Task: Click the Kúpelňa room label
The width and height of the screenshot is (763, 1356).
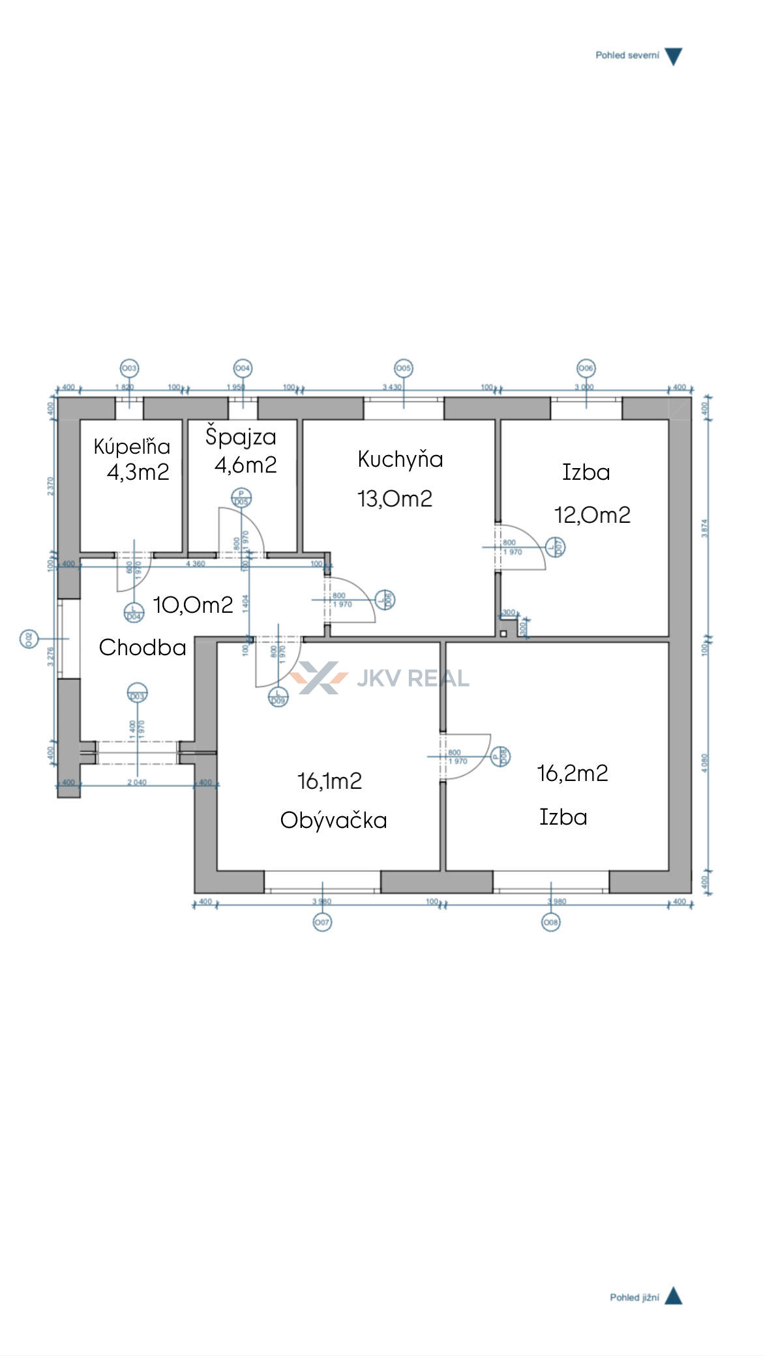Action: coord(132,447)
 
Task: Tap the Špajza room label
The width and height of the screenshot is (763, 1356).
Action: coord(241,437)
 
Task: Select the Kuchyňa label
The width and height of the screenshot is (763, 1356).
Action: coord(400,460)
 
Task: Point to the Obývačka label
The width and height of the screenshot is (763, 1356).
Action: coord(333,820)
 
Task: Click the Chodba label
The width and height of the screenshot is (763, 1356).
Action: coord(142,647)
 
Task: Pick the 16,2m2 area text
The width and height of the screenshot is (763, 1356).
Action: coord(573,773)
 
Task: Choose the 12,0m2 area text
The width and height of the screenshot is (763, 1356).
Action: coord(592,515)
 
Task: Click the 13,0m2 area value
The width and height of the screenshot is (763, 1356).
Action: coord(395,499)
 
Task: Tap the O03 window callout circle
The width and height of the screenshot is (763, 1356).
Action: coord(130,368)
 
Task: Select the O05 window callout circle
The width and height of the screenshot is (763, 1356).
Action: coord(404,368)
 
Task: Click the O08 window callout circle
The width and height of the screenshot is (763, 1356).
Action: coord(551,922)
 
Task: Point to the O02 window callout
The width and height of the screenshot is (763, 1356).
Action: coord(29,640)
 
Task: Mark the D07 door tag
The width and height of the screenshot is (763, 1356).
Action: coord(556,546)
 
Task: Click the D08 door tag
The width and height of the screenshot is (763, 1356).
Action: coord(501,756)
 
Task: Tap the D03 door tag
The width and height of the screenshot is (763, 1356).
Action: coord(137,694)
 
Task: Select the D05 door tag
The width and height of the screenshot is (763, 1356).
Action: coord(241,498)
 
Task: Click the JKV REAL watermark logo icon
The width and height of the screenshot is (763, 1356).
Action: coord(319,678)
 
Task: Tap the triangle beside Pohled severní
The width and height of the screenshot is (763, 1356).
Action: coord(673,57)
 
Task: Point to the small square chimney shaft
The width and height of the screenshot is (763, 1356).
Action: coord(503,634)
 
